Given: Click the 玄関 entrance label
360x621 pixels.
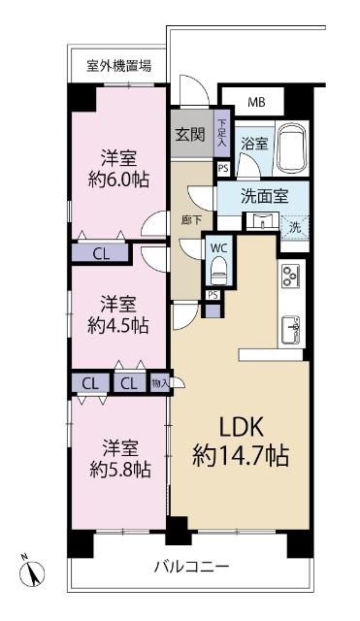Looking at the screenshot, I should pyautogui.click(x=190, y=135).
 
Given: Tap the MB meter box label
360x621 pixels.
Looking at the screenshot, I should pyautogui.click(x=256, y=101).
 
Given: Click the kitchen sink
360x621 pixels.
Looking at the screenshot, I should pyautogui.click(x=293, y=329).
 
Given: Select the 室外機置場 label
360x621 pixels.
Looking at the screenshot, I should pyautogui.click(x=118, y=66).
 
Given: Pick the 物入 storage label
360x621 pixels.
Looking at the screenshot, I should pyautogui.click(x=161, y=382).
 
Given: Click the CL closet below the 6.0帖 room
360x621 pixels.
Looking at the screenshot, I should pyautogui.click(x=101, y=254).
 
